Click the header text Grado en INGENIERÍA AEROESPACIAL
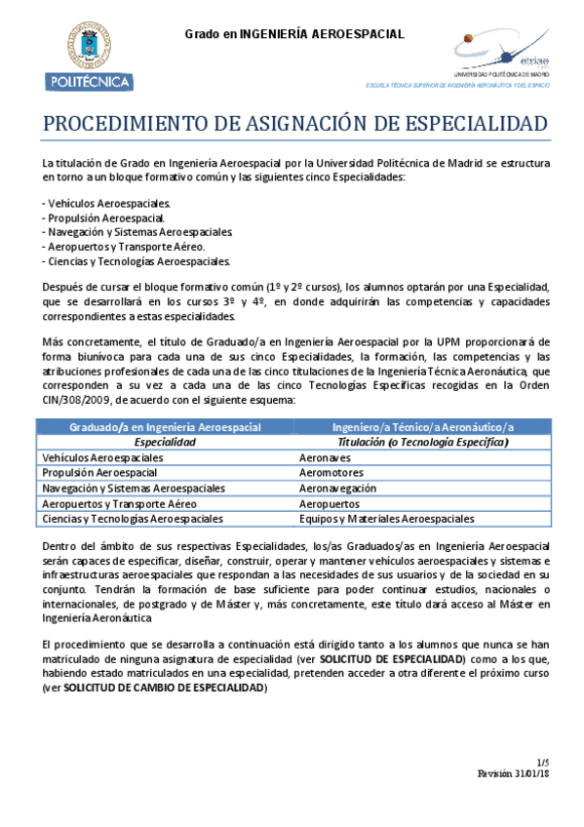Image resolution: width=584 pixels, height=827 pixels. pyautogui.click(x=294, y=34)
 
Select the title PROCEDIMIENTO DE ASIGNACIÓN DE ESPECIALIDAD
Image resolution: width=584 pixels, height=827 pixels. pyautogui.click(x=293, y=126)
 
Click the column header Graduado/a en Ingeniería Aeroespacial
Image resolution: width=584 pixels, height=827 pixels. pyautogui.click(x=165, y=427)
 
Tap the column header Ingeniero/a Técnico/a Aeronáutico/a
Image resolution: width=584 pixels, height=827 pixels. pyautogui.click(x=422, y=427)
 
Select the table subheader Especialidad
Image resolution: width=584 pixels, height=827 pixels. pyautogui.click(x=165, y=442)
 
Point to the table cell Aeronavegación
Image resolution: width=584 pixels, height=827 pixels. pyautogui.click(x=337, y=488)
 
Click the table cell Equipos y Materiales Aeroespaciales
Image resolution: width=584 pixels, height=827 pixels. pyautogui.click(x=386, y=519)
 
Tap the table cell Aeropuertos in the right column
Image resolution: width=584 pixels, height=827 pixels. pyautogui.click(x=329, y=503)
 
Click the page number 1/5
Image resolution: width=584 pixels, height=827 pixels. pyautogui.click(x=542, y=761)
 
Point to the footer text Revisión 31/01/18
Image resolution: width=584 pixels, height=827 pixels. pyautogui.click(x=513, y=772)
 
